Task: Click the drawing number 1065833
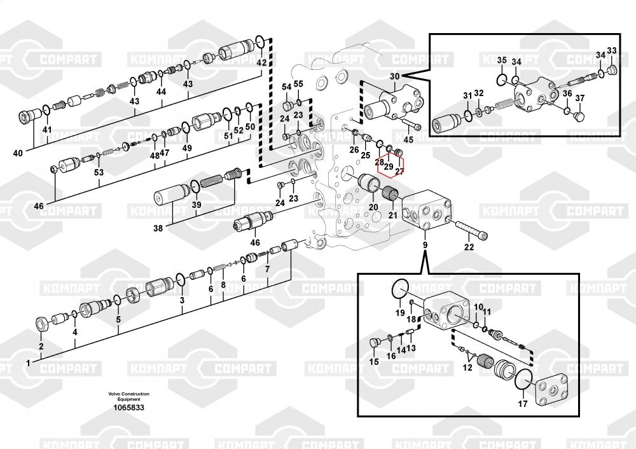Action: (128, 407)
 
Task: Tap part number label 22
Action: (469, 247)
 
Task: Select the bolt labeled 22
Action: (471, 230)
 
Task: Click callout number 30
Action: (395, 76)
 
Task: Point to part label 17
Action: (523, 404)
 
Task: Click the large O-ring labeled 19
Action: (400, 288)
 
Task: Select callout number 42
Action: (261, 62)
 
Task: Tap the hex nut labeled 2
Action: (41, 324)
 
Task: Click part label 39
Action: (197, 204)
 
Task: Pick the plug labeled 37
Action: (580, 117)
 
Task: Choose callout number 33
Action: (612, 51)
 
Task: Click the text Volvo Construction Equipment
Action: (128, 396)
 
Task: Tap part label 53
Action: (99, 172)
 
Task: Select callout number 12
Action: (467, 368)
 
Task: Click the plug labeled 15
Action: (375, 343)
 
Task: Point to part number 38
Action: (158, 228)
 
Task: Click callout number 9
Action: (425, 245)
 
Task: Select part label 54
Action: (287, 86)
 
